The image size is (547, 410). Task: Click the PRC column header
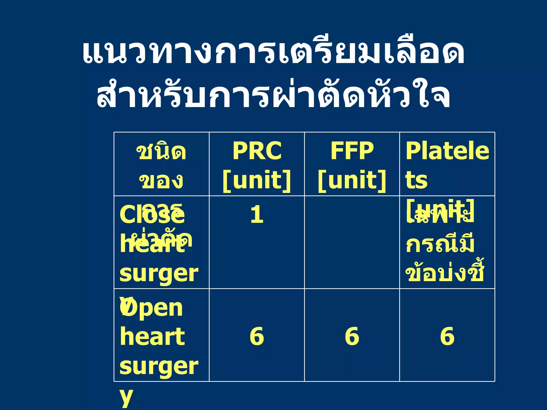tap(257, 151)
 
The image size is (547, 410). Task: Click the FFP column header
tap(352, 151)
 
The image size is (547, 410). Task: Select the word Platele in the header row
tap(447, 151)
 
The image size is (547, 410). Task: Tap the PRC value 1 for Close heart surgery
tap(257, 215)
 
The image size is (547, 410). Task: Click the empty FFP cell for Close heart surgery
tap(352, 242)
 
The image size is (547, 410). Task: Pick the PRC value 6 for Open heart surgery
tap(257, 336)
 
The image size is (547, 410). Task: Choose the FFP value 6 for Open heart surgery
tap(352, 336)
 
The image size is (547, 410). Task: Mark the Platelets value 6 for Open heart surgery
tap(447, 336)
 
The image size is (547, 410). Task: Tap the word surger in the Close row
tap(159, 274)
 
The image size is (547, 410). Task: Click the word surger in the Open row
tap(159, 366)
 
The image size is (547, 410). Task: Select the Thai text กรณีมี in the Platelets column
tap(440, 244)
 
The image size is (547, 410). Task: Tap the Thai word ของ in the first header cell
tap(161, 181)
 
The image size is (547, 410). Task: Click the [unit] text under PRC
tap(257, 180)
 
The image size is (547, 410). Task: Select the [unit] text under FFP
tap(352, 180)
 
